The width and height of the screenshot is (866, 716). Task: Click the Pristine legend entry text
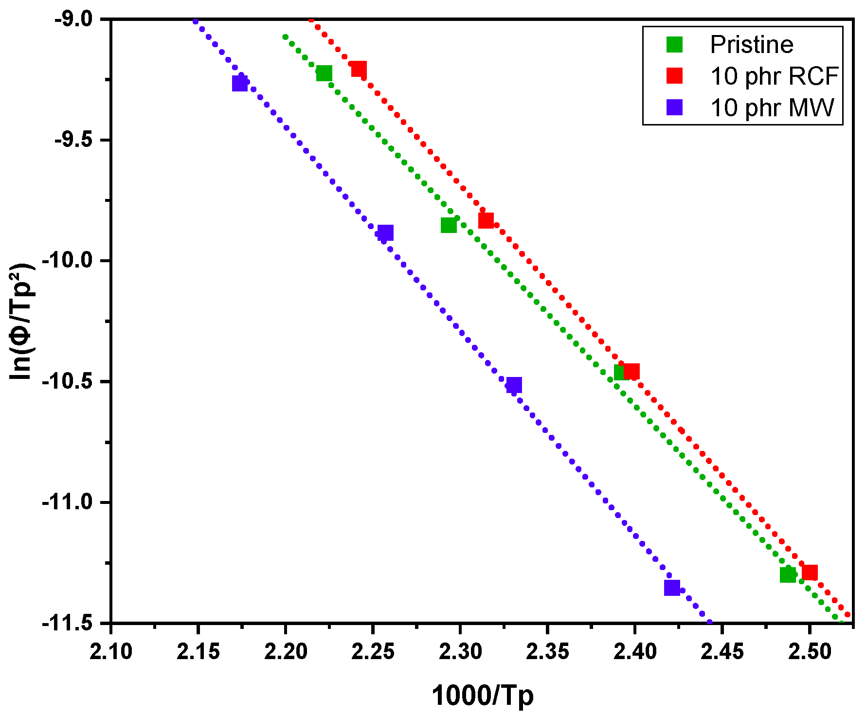click(x=751, y=45)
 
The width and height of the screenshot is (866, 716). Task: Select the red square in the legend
click(x=674, y=76)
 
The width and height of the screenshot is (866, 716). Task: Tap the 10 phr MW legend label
click(x=772, y=107)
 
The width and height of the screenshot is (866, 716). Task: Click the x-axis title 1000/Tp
click(x=482, y=695)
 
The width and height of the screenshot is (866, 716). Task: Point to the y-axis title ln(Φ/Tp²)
click(x=22, y=321)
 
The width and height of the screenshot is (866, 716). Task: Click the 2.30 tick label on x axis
click(x=460, y=652)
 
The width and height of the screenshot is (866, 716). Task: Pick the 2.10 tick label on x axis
click(x=111, y=652)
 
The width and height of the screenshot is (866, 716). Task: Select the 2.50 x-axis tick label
click(x=809, y=652)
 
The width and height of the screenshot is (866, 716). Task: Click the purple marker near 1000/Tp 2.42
click(x=672, y=588)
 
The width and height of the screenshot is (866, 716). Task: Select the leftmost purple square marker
click(x=239, y=83)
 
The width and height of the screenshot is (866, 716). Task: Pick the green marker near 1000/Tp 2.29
click(x=449, y=225)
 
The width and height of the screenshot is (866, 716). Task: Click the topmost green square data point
click(x=324, y=73)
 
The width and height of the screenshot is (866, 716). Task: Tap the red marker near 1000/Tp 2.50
click(x=810, y=573)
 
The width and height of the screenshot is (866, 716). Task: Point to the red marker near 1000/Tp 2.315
click(x=486, y=220)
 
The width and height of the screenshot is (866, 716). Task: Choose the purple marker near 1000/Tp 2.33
click(x=514, y=385)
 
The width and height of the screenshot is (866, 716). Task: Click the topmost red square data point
click(x=359, y=69)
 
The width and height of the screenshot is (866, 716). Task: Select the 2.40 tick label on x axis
click(x=634, y=652)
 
